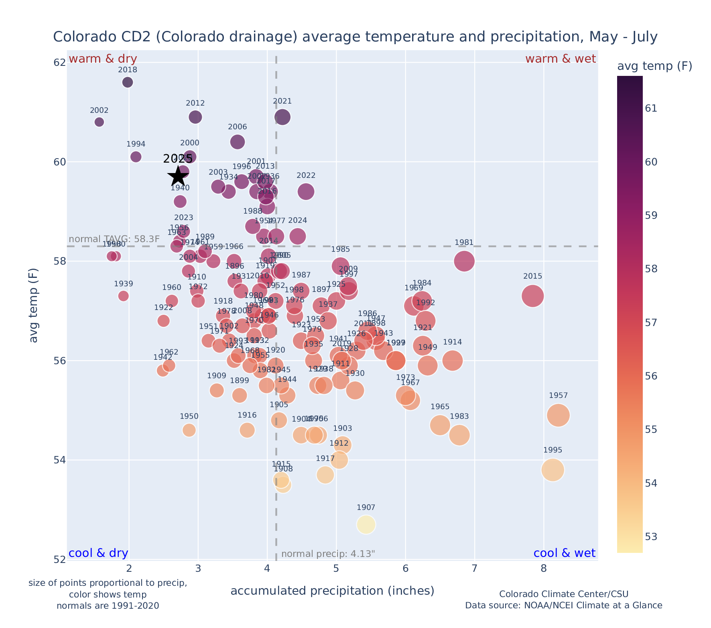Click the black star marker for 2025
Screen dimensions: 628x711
click(x=178, y=176)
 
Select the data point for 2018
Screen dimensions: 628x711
click(x=128, y=82)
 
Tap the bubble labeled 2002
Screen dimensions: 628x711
click(x=99, y=122)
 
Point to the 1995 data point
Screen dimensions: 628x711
click(x=553, y=470)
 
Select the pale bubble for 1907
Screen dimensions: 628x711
click(x=366, y=525)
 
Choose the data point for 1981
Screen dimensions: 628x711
click(x=464, y=261)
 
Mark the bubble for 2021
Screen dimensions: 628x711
click(x=282, y=117)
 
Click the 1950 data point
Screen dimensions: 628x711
click(x=189, y=430)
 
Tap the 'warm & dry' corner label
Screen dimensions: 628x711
click(x=103, y=59)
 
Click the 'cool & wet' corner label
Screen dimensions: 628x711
click(x=564, y=553)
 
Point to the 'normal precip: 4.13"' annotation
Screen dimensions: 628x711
click(x=328, y=554)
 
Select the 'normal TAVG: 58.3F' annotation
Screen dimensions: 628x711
click(x=114, y=239)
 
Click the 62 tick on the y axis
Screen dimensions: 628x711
click(x=59, y=63)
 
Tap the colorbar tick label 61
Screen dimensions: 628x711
click(x=651, y=108)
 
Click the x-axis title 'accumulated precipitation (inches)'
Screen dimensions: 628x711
click(x=332, y=591)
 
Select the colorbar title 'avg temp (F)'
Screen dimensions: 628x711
click(x=654, y=66)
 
